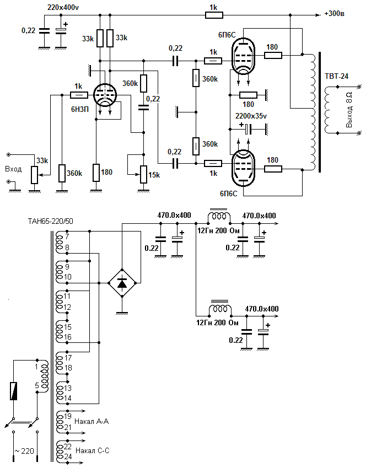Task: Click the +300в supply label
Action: pyautogui.click(x=336, y=13)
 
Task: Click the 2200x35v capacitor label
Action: pyautogui.click(x=250, y=117)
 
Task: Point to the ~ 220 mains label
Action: pyautogui.click(x=24, y=452)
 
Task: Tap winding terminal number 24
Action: pyautogui.click(x=67, y=457)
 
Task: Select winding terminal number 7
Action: pyautogui.click(x=67, y=237)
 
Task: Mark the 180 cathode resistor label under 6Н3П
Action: pyautogui.click(x=106, y=173)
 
